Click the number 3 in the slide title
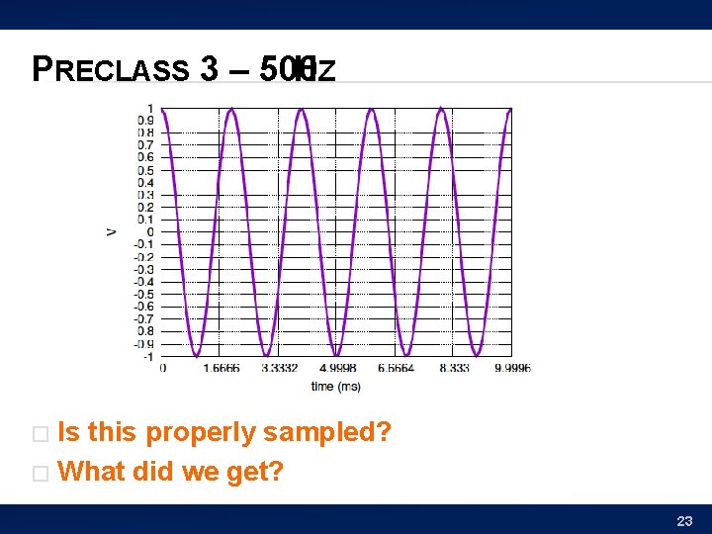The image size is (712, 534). coord(209,69)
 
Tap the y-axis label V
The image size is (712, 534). coord(111,231)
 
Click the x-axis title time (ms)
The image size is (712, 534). coord(335,386)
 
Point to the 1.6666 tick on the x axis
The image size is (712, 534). coord(221,368)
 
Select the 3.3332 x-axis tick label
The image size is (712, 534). coord(279,368)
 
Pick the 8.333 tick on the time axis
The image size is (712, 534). coord(454,368)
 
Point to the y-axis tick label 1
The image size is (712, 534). coord(150,108)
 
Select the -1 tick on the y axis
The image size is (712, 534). coord(147,356)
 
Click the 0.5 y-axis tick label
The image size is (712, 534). coord(145,170)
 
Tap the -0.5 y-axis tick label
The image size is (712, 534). coord(144,294)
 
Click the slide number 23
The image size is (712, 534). coord(684,521)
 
